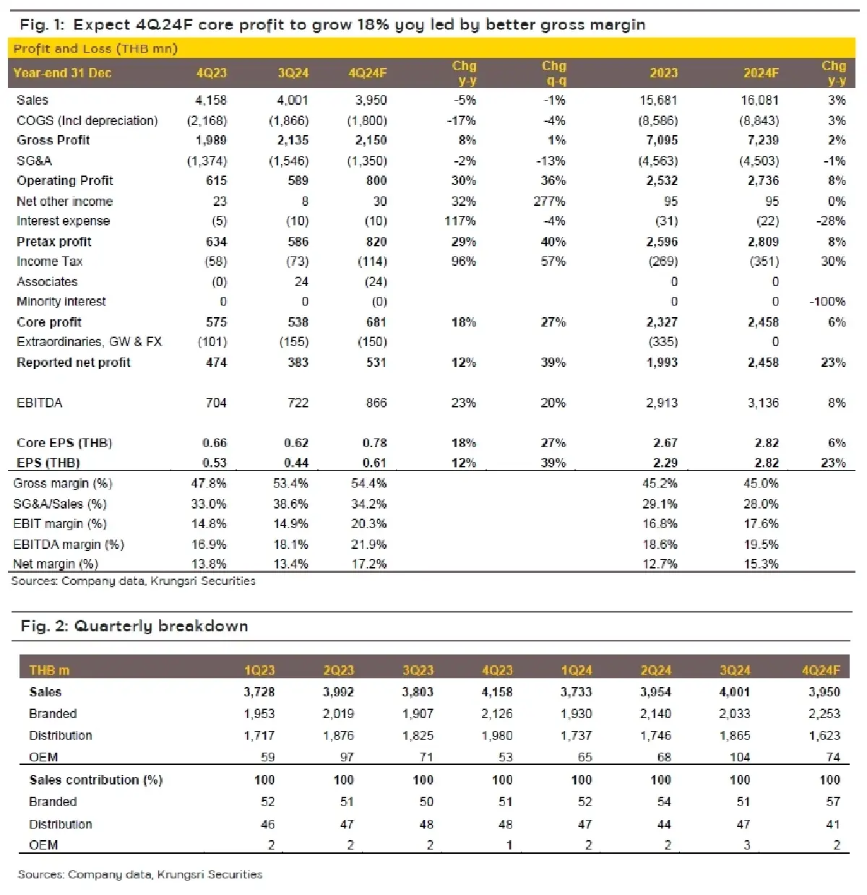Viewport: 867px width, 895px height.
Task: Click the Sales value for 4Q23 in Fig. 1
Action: coord(211,100)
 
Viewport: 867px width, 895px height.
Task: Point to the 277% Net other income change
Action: coord(553,202)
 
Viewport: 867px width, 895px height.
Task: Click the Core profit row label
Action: coord(49,322)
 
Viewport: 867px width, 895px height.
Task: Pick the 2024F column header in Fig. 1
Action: coord(761,73)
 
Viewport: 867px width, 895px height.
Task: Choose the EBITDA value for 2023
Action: coord(661,403)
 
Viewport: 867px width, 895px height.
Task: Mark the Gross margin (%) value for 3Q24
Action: coord(290,483)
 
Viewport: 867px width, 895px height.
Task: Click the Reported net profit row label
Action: coord(74,363)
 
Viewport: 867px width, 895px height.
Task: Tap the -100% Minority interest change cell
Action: coord(827,302)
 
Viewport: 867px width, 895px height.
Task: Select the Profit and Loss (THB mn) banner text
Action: coord(95,49)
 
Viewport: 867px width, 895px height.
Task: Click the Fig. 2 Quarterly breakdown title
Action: coord(134,626)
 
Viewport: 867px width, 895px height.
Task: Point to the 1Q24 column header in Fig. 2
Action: coord(576,670)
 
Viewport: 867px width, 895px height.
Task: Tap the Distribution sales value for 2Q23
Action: coord(338,735)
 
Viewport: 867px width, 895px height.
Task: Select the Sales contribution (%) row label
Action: coord(96,780)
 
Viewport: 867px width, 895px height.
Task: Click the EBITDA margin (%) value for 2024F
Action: coord(761,545)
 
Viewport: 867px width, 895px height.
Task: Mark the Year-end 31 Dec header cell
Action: coord(63,73)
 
